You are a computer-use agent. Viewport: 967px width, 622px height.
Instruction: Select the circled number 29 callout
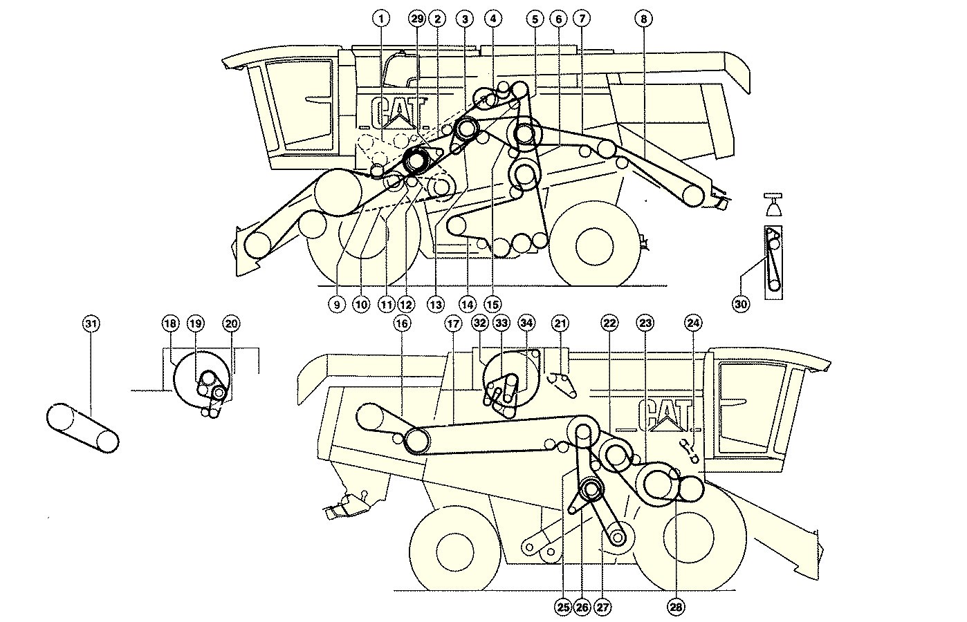click(416, 19)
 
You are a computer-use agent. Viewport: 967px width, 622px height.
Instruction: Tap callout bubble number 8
click(643, 19)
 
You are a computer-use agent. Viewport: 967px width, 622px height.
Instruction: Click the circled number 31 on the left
click(91, 323)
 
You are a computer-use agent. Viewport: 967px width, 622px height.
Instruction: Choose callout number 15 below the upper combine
click(492, 303)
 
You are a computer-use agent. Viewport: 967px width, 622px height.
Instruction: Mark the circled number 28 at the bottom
click(676, 607)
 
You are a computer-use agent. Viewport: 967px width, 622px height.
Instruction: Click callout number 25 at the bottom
click(563, 607)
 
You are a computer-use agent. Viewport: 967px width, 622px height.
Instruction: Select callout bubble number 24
click(693, 323)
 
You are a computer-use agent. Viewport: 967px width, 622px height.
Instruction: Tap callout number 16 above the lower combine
click(402, 323)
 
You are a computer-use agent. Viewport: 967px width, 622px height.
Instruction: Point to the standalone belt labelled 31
click(82, 428)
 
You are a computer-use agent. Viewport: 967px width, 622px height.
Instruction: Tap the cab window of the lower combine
click(751, 411)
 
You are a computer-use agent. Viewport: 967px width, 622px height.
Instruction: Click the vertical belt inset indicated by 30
click(774, 262)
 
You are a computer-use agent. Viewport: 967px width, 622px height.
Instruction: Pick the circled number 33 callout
click(502, 323)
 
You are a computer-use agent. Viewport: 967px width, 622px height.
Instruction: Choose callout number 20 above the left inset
click(231, 323)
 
